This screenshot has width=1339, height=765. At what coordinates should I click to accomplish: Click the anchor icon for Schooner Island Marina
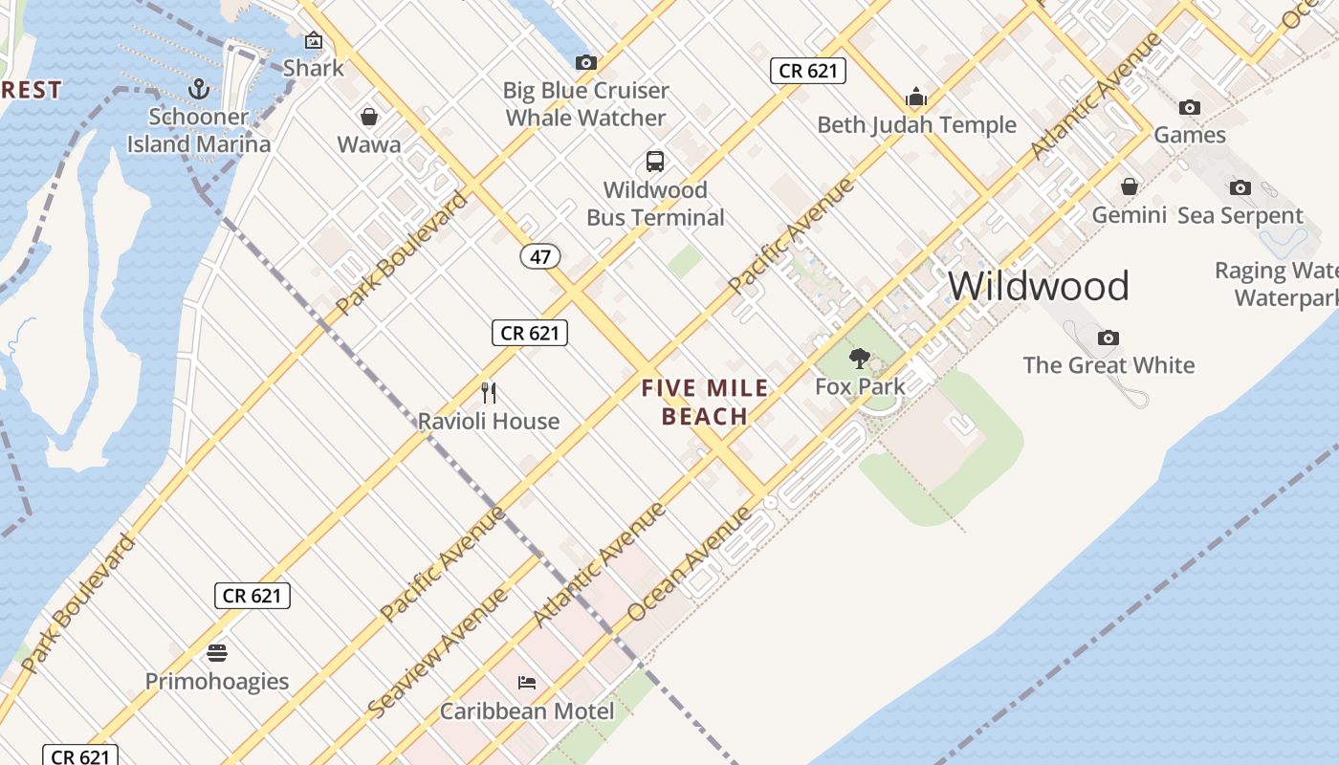pos(199,89)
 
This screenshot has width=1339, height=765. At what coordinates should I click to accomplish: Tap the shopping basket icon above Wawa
pos(369,117)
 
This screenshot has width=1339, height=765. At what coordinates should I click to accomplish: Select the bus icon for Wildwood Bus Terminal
pos(655,161)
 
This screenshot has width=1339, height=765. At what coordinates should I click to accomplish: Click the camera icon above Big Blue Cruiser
pos(586,63)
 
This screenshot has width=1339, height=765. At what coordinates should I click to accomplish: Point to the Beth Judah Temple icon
pos(916,97)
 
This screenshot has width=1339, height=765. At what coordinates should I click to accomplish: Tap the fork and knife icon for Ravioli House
pos(489,392)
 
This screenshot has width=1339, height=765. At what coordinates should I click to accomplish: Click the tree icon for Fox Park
pos(860,359)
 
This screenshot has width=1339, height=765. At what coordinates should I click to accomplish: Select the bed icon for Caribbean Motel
pos(527,683)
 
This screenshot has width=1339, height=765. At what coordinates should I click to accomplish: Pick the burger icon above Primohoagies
pos(217,653)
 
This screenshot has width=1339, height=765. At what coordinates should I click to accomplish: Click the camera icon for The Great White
pos(1109,338)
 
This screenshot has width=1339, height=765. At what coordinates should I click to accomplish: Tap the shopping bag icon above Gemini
pos(1130,186)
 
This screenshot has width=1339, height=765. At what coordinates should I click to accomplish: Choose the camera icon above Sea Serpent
pos(1240,187)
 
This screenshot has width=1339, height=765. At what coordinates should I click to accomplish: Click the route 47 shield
pos(540,256)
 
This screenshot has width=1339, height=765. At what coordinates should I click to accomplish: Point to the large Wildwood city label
pos(1039,286)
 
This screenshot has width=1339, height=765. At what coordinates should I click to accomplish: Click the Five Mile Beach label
pos(705,402)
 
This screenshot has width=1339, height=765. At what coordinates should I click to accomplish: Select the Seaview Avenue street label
pos(437,653)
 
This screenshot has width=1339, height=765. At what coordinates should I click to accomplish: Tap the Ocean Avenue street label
pos(691,564)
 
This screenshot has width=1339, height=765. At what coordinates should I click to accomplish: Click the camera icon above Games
pos(1190,107)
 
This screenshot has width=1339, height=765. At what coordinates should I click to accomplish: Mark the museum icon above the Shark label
pos(314,40)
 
